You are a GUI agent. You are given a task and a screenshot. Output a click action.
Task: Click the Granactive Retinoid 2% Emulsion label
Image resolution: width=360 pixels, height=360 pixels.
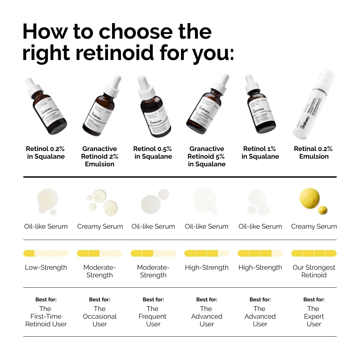pos(100,156)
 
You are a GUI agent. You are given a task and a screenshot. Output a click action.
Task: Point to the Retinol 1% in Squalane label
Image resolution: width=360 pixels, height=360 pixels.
pos(260,153)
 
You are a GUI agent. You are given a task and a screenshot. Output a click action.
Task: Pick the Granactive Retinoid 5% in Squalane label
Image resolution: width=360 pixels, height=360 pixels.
pos(207,156)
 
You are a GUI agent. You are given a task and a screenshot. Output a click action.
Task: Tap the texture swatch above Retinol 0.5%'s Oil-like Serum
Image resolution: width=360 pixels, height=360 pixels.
pos(151,203)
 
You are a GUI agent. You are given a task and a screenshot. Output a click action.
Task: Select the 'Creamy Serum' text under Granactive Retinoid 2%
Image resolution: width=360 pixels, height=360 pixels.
pos(100,227)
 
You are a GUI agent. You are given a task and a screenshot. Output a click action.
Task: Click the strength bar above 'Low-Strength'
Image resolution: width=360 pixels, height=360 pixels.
pos(46,253)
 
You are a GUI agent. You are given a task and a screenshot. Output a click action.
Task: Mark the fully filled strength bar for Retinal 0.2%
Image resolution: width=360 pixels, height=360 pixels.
pos(314,253)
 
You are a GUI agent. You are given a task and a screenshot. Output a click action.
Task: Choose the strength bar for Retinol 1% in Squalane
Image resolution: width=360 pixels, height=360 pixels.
pos(260,253)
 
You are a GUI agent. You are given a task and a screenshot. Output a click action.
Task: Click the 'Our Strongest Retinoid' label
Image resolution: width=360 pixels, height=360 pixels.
pos(314,271)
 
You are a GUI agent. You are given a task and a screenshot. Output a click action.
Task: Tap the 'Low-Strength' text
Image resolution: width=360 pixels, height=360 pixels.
pos(46,268)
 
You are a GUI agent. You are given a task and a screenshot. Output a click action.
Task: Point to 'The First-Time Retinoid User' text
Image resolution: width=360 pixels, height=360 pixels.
pos(46,316)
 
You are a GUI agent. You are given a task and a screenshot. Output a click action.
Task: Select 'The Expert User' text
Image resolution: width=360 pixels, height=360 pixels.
pos(314,316)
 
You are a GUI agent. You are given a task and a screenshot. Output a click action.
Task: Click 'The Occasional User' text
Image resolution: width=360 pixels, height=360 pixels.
pos(100,316)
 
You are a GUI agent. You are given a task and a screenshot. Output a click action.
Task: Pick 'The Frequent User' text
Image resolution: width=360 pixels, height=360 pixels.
pos(153,316)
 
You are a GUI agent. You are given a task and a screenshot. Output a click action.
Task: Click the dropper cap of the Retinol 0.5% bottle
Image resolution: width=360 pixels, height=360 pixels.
pos(145,85)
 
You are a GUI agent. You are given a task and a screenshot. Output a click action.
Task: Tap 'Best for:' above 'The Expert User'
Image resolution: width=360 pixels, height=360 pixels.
pos(314,300)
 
